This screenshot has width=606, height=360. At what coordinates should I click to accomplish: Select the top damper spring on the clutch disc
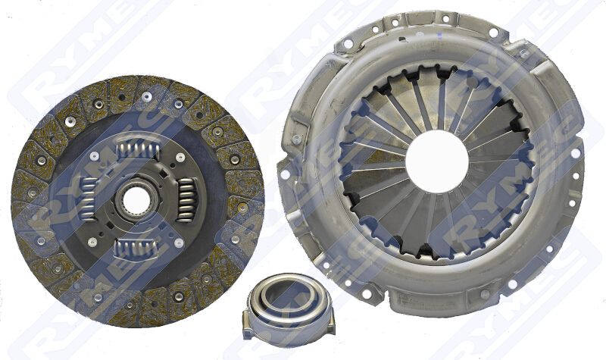click(x=137, y=147)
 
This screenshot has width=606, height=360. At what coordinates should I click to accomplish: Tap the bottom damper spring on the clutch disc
click(x=134, y=249)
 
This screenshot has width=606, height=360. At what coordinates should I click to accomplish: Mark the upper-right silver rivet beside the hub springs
click(x=180, y=158)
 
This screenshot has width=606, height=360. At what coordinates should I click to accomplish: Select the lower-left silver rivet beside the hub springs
click(x=92, y=242)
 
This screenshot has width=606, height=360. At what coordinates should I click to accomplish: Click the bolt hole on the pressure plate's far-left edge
click(x=285, y=174)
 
